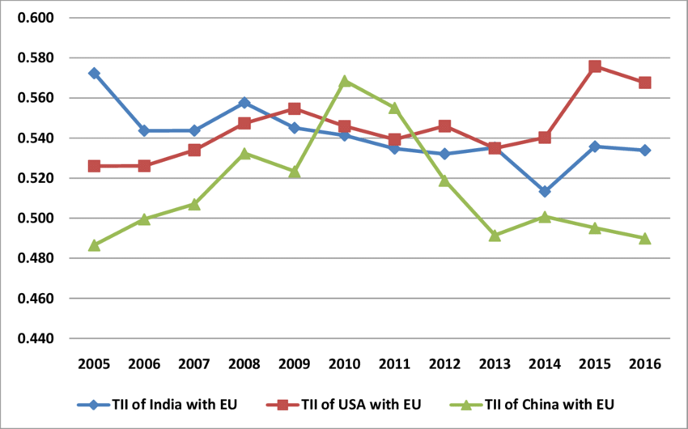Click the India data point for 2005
[94, 73]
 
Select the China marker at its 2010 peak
[345, 81]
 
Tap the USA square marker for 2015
[595, 66]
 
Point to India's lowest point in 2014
[545, 192]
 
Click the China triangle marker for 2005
[94, 244]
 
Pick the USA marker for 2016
[644, 83]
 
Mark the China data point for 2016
[644, 238]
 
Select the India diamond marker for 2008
[244, 103]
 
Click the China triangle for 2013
[495, 236]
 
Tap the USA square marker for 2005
[94, 166]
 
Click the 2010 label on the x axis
[345, 363]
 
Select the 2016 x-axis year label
[644, 363]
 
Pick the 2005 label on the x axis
[94, 363]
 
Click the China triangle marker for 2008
[244, 153]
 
